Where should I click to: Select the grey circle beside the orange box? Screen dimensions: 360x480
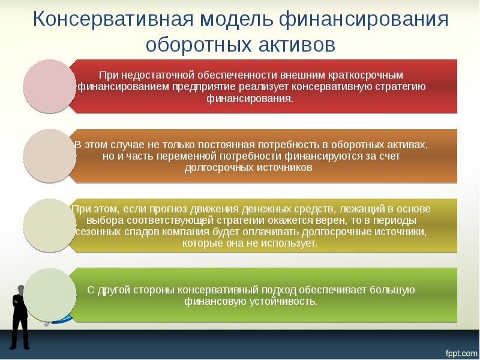click(50, 156)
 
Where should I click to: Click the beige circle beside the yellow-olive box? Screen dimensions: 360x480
click(50, 226)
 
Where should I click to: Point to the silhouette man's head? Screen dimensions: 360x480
click(20, 289)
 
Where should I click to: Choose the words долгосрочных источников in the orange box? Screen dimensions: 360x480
click(248, 168)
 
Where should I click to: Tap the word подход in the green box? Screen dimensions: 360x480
click(271, 290)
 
